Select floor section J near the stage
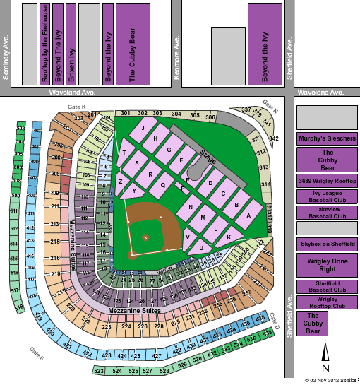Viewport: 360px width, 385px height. coord(143,128)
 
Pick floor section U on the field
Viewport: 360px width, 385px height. coord(202,248)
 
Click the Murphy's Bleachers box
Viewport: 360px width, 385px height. coord(326,138)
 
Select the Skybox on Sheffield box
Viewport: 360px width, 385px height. coord(327,244)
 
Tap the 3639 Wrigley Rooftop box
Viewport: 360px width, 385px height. coord(327,182)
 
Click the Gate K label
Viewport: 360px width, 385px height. coord(76,107)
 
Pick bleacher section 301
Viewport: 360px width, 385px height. coord(126,113)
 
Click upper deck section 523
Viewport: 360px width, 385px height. coord(99,370)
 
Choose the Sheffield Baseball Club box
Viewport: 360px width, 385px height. coord(327,287)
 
